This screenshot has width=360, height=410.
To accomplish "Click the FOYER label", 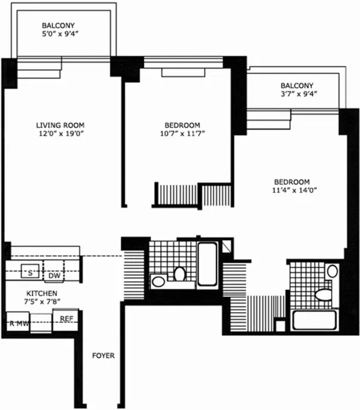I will click(104, 356).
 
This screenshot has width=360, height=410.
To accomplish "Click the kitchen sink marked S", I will click(28, 273).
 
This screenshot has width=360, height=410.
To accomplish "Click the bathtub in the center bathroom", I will click(207, 264).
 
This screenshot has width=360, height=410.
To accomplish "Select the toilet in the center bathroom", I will click(179, 274).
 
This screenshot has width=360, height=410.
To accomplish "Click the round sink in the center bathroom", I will click(158, 280).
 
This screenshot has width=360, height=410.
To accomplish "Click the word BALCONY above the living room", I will click(58, 25).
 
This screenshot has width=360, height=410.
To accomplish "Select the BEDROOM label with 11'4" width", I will click(292, 182).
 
